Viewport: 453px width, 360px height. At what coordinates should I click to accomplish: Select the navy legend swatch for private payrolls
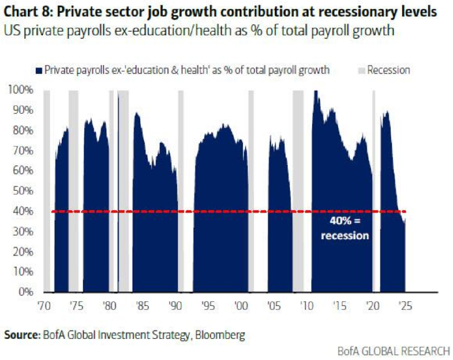(38, 70)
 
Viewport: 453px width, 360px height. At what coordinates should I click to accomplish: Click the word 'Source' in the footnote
(20, 335)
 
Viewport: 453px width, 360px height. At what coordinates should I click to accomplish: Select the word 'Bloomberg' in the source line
(220, 335)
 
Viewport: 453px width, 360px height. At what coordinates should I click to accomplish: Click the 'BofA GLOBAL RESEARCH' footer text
(393, 351)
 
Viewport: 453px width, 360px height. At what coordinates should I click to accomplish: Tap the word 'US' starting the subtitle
(11, 31)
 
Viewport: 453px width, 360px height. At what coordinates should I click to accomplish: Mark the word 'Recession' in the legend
(389, 70)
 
